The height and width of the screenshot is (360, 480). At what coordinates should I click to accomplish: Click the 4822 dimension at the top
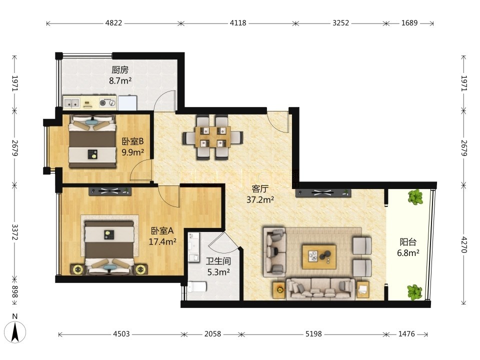coord(113,23)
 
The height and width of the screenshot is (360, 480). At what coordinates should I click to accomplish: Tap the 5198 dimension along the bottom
coord(313,333)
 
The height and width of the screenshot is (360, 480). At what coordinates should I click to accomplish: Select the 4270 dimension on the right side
coord(464,244)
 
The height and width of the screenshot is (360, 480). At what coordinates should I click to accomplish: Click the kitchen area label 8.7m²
coord(120,81)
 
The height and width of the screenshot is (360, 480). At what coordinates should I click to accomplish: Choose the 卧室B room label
coord(133,141)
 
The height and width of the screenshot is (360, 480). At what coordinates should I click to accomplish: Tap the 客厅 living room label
coord(260,188)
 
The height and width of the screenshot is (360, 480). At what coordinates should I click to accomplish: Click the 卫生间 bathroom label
coord(218,261)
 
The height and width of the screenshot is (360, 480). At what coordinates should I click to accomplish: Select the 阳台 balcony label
coord(408,242)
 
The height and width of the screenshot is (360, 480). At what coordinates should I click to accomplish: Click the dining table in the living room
coord(213,137)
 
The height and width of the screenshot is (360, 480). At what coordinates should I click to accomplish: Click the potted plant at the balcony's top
coord(415,197)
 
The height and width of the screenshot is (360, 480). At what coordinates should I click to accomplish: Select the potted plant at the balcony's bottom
coord(415,292)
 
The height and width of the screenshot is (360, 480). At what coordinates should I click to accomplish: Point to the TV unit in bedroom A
coord(110,191)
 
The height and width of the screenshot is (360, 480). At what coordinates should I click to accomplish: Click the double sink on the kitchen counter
coord(71,103)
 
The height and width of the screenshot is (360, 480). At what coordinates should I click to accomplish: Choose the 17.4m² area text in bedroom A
coord(162,241)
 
